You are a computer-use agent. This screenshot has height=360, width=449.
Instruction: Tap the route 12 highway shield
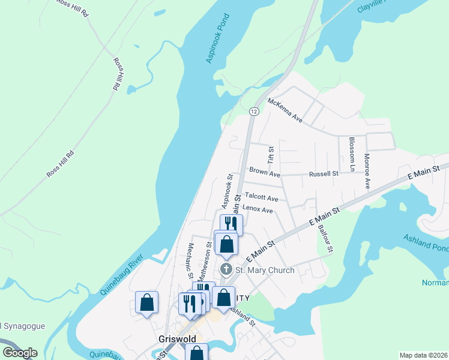254,112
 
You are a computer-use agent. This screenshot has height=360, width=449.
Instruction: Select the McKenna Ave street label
285,110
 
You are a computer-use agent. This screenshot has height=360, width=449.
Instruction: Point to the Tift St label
271,155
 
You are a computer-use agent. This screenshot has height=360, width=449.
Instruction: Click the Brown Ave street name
265,174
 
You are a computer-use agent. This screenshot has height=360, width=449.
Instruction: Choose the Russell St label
324,173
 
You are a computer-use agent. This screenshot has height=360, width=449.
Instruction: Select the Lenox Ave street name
258,211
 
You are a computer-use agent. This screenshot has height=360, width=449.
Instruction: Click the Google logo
20,353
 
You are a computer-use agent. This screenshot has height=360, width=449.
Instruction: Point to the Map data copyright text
424,355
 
